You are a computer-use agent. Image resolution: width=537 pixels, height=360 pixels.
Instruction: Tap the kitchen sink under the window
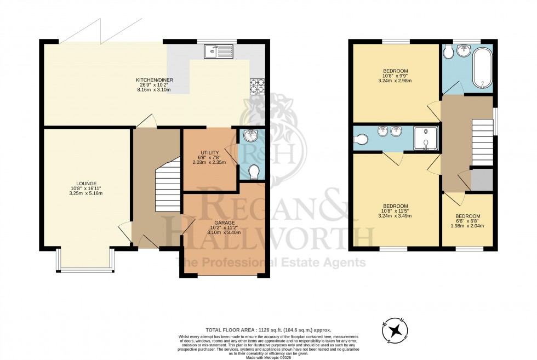coord(218,52)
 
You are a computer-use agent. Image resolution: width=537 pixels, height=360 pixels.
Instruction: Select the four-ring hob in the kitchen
coord(258,86)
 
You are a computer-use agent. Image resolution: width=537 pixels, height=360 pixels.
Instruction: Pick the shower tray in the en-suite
coord(426,139)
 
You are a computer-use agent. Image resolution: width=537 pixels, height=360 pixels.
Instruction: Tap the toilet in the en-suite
coord(361,140)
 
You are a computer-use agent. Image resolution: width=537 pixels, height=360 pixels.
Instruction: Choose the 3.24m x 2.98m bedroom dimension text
coord(395,81)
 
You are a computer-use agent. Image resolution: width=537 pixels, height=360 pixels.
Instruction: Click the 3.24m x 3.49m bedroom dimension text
coord(395,215)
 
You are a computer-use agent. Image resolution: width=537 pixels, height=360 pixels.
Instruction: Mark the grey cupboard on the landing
coord(482,180)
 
